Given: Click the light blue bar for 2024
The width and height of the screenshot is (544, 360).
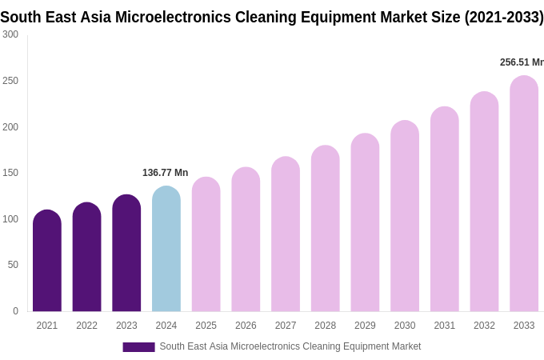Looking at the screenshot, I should pos(166,250).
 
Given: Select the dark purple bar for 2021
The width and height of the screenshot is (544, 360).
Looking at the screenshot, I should pos(47,262).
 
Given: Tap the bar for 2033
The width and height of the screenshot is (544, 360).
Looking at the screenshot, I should pos(524,194).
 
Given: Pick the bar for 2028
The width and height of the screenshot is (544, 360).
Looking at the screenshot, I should pos(325,229).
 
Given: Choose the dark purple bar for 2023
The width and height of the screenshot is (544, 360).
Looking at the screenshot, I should pos(126,254).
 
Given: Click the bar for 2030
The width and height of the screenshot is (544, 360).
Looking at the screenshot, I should pos(405,217).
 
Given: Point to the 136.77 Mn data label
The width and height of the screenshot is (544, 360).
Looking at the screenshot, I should pos(165,173).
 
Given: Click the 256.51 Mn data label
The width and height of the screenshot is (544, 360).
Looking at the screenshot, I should pos(521,62).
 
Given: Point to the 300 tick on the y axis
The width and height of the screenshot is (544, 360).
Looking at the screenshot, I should pos(10,34).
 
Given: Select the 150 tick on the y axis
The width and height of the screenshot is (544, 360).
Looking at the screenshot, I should pos(10,173).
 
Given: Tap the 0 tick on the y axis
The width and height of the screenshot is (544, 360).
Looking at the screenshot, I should pos(15,311).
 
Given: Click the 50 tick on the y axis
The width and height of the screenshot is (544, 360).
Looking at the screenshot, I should pos(13,265).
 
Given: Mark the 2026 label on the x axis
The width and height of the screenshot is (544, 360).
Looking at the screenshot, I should pos(246,326).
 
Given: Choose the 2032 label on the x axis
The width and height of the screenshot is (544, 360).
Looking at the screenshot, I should pos(484,326).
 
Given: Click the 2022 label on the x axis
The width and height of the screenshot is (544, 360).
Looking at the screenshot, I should pos(86,326).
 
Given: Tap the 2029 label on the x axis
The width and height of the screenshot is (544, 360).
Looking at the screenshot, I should pos(365,326).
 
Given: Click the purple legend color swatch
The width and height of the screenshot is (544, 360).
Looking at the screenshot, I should pos(138,347).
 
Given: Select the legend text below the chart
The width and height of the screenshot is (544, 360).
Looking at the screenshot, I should pos(290,346).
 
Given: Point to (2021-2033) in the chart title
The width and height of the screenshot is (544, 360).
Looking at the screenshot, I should pos(503,17).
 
